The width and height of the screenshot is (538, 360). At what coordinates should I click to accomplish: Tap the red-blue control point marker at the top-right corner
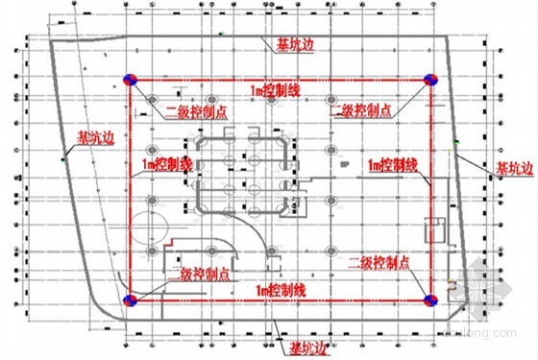(x=431, y=80)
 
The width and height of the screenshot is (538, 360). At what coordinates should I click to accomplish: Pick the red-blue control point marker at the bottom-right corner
(x=430, y=300)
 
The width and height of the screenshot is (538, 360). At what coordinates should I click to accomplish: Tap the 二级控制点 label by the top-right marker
(x=361, y=113)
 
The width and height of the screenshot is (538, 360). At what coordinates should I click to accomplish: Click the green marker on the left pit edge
(x=64, y=157)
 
